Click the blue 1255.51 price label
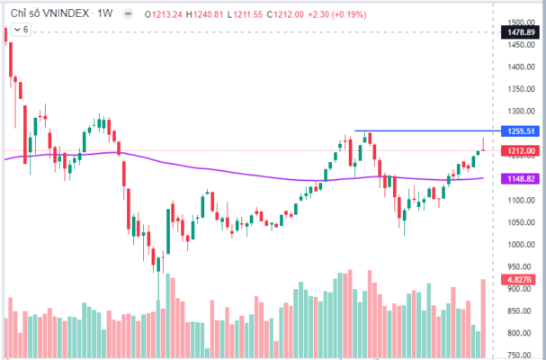(521, 131)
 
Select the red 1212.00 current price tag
(521, 150)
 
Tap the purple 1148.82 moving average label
(521, 178)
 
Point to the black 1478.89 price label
(521, 32)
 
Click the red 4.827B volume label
(521, 279)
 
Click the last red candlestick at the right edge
(484, 146)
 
